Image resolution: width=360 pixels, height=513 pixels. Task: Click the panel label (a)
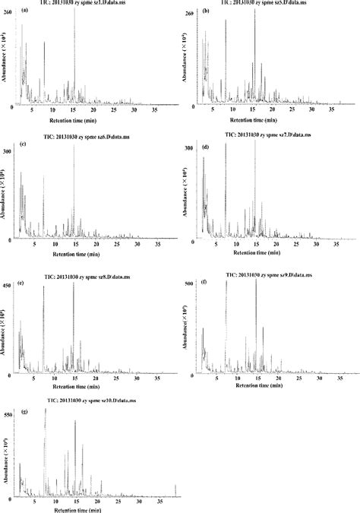click(x=26, y=11)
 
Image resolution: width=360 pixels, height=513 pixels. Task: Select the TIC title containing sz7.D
click(x=270, y=134)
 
